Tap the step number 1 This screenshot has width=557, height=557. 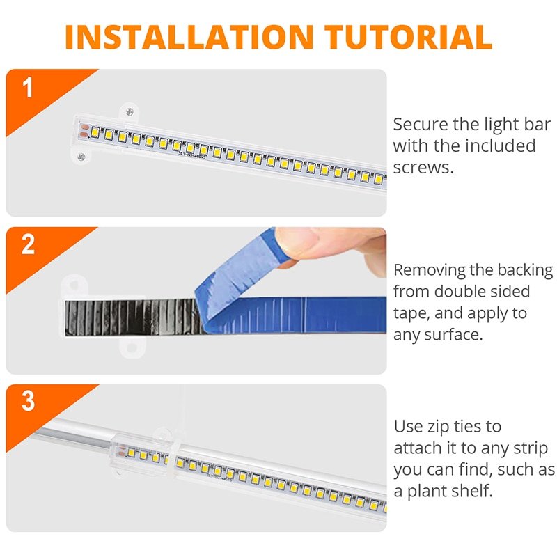tap(28, 88)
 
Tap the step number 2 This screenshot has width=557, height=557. tap(28, 246)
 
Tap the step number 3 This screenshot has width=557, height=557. tap(28, 402)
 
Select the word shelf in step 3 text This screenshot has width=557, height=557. tap(471, 491)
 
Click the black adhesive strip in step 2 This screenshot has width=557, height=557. tap(132, 316)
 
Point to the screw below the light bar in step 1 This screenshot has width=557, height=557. tap(81, 156)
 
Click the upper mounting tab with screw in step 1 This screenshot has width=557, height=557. tap(128, 111)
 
